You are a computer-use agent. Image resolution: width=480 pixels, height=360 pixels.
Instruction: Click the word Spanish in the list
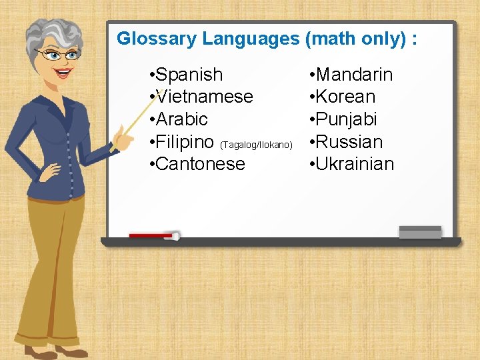pyautogui.click(x=189, y=74)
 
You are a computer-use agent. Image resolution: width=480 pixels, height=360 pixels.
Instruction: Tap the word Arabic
pyautogui.click(x=181, y=119)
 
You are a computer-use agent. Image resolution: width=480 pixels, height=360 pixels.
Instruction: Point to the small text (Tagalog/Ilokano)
pyautogui.click(x=256, y=144)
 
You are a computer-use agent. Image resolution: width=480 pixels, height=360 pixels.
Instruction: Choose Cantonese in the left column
pyautogui.click(x=200, y=164)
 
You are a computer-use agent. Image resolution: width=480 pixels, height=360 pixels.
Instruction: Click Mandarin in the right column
pyautogui.click(x=354, y=74)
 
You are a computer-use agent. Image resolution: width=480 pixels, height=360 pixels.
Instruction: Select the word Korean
pyautogui.click(x=345, y=97)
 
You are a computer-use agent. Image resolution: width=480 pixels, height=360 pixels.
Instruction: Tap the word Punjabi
pyautogui.click(x=347, y=119)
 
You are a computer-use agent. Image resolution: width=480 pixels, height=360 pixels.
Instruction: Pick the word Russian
pyautogui.click(x=349, y=142)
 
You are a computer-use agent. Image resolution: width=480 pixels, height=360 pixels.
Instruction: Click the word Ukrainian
pyautogui.click(x=355, y=164)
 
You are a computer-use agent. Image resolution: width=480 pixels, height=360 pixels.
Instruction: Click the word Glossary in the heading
pyautogui.click(x=157, y=39)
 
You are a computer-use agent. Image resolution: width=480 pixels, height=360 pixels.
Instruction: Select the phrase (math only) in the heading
pyautogui.click(x=356, y=39)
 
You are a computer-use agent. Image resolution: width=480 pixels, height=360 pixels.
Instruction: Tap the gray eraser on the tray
pyautogui.click(x=420, y=231)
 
